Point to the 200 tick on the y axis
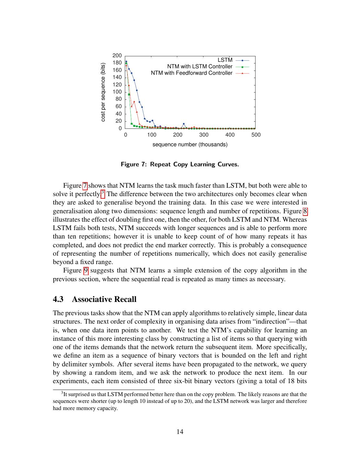[117, 56]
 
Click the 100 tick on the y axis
[117, 92]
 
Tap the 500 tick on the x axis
[256, 135]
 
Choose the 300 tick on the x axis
[204, 135]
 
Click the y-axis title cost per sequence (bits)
[103, 92]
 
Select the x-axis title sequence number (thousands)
[190, 145]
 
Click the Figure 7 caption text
[180, 164]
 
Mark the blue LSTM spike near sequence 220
[184, 124]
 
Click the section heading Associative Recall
[104, 299]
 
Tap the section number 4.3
[58, 299]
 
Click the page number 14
[180, 432]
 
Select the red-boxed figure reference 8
[305, 211]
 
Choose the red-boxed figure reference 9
[86, 271]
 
